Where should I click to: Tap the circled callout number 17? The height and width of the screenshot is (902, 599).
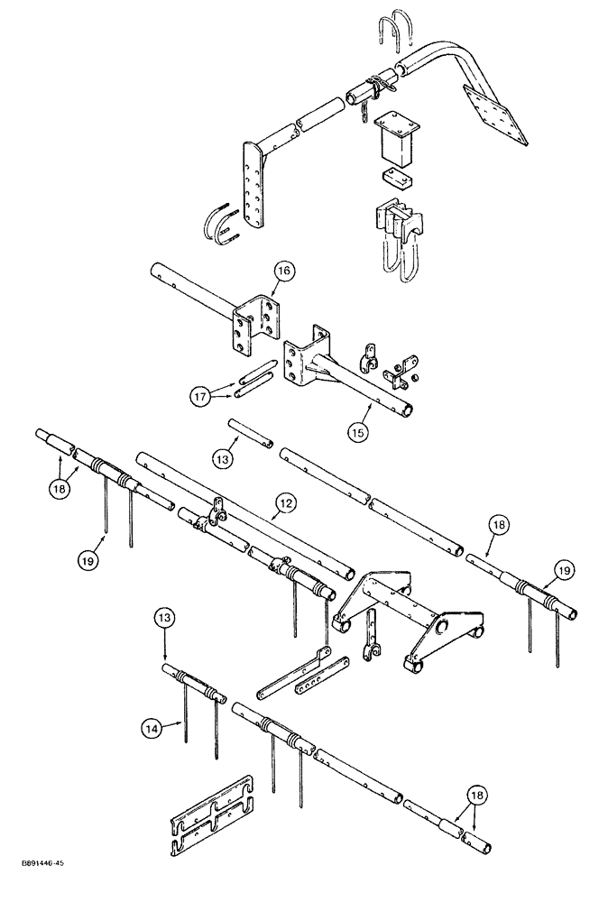pyautogui.click(x=200, y=395)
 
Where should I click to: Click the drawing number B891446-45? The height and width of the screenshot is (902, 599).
pyautogui.click(x=41, y=888)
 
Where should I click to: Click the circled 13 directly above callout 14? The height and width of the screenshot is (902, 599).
pyautogui.click(x=165, y=620)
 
